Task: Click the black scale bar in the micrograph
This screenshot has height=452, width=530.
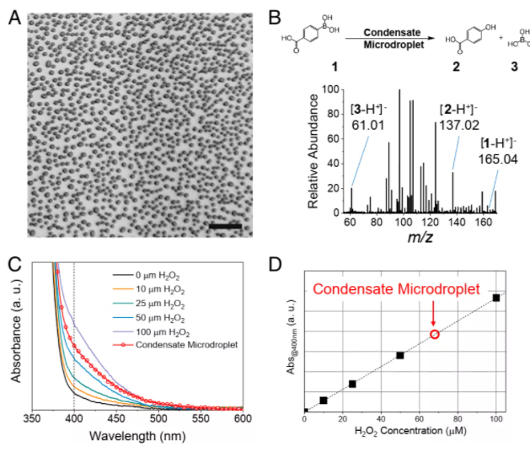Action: point(226,225)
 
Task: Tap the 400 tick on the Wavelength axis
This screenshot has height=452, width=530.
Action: point(74,419)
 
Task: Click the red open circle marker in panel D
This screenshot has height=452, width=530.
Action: point(435,335)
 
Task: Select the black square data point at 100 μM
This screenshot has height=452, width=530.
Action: point(496,298)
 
